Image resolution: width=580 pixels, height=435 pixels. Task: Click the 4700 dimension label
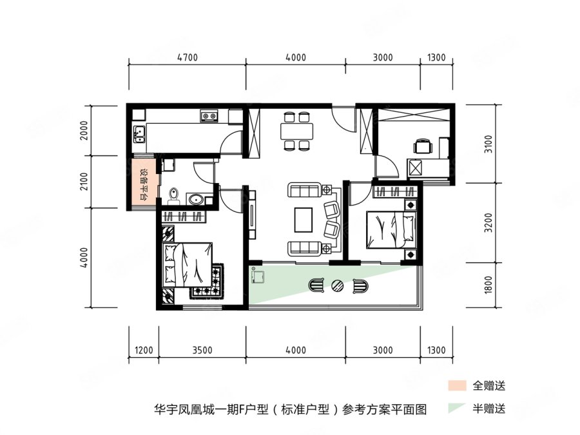(188, 58)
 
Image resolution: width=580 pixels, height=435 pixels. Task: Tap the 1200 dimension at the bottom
(144, 350)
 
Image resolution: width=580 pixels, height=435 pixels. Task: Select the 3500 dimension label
(202, 350)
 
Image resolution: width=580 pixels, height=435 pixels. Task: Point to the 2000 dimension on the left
(84, 130)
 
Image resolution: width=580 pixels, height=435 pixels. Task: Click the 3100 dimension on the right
(488, 144)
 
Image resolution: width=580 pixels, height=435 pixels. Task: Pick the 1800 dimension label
(488, 284)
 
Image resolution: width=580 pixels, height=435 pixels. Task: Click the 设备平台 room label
(144, 185)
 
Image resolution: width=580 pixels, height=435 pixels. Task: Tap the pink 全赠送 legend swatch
(457, 385)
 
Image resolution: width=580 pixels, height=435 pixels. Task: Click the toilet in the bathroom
(173, 196)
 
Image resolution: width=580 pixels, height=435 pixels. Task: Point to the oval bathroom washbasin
(195, 199)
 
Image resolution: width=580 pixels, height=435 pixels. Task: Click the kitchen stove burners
(209, 116)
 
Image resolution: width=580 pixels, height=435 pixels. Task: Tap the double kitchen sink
(139, 134)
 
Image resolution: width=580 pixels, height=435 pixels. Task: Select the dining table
(296, 131)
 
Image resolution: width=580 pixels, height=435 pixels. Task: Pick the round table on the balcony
(337, 285)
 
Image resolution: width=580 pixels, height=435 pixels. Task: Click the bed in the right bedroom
(391, 229)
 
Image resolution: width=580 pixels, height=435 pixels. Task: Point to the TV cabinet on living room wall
(252, 215)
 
